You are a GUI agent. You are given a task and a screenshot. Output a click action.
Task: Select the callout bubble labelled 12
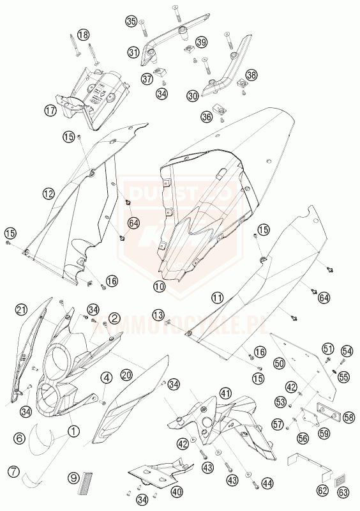49,192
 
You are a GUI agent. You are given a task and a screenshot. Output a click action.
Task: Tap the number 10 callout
158,287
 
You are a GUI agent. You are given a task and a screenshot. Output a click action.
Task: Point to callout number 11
218,298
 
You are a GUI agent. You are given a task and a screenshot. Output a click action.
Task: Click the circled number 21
21,310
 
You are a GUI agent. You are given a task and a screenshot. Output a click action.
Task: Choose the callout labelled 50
279,363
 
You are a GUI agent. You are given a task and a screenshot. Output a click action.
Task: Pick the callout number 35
131,21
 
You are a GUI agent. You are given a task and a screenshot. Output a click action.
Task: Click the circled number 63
343,492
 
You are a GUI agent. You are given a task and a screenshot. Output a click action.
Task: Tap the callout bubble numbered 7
13,473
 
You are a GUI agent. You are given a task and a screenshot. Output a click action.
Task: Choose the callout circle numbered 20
126,375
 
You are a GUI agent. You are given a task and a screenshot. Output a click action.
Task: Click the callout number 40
177,492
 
